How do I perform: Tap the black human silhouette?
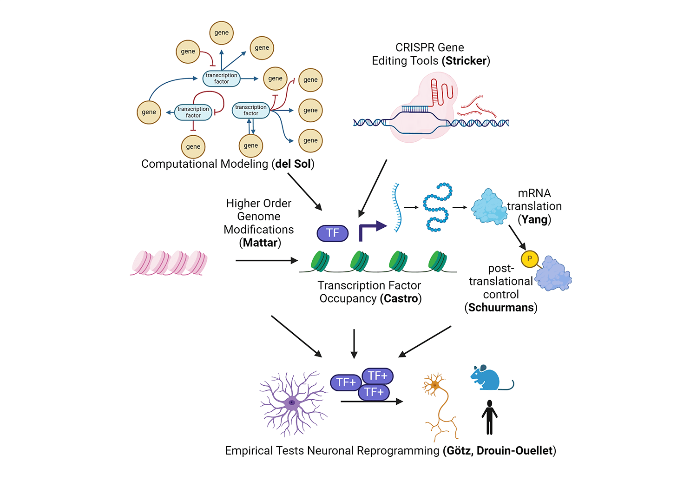pos(489,417)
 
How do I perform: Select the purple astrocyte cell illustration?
pos(292,402)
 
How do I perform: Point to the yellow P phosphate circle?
pos(529,259)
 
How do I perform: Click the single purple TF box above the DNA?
pos(332,233)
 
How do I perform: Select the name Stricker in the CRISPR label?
pos(466,61)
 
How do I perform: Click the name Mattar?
pos(260,243)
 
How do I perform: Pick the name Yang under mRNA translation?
pos(534,219)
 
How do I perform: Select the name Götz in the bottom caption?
pos(458,451)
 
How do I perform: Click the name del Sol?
pos(293,164)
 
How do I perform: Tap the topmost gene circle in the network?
pos(221,33)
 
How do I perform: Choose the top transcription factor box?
pos(222,79)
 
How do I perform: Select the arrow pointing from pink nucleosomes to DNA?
pos(266,261)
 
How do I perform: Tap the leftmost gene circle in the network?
pos(149,112)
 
